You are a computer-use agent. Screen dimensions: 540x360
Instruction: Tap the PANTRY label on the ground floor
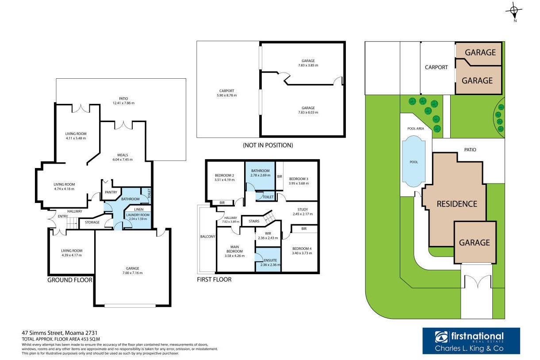(111, 192)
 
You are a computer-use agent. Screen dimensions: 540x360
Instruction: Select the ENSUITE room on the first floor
(268, 260)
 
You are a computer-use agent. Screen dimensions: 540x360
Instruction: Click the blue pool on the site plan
(414, 161)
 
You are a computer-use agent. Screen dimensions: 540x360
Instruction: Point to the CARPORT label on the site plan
(436, 67)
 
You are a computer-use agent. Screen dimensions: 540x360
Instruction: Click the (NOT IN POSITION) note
(268, 145)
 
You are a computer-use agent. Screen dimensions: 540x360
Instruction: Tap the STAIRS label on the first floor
(254, 221)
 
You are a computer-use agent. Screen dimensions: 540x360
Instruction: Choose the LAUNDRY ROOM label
(138, 215)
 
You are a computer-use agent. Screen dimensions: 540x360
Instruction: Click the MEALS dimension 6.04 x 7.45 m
(123, 159)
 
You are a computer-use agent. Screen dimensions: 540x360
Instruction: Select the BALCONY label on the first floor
(207, 237)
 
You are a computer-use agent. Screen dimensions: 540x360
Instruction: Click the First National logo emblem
(441, 337)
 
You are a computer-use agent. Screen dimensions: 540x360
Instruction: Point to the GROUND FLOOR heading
(70, 280)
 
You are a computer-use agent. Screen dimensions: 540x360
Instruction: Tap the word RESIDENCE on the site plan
(457, 204)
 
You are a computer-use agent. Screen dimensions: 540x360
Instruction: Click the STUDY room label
(303, 210)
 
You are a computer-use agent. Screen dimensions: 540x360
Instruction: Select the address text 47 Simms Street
(42, 333)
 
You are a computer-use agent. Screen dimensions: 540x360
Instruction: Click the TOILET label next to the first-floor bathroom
(268, 197)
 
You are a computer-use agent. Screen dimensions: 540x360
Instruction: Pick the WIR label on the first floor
(268, 234)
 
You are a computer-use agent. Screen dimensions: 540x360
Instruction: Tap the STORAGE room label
(92, 222)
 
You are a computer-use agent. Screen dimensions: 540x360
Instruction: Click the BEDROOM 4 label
(302, 249)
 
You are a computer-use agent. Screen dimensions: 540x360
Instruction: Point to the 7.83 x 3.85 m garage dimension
(308, 65)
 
